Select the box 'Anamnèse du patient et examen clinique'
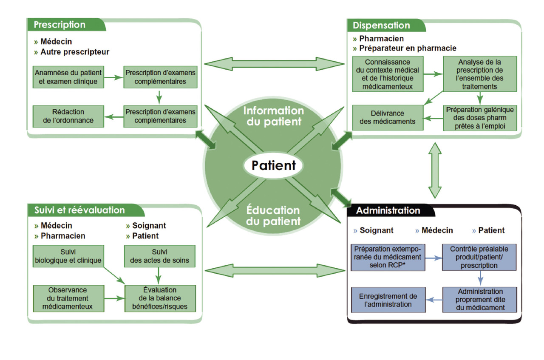tap(68, 77)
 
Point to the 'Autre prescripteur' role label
tap(74, 52)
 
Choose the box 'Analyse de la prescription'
tap(480, 74)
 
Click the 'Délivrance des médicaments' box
tap(388, 117)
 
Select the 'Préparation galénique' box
tap(480, 118)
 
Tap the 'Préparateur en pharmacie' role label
tap(407, 48)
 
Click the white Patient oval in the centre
tap(273, 165)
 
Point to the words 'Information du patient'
tap(273, 116)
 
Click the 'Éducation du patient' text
tap(273, 215)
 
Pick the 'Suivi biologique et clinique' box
tap(68, 256)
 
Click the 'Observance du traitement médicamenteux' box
tap(68, 298)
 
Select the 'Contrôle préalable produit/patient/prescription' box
tap(479, 257)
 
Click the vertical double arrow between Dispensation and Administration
tap(435, 170)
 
